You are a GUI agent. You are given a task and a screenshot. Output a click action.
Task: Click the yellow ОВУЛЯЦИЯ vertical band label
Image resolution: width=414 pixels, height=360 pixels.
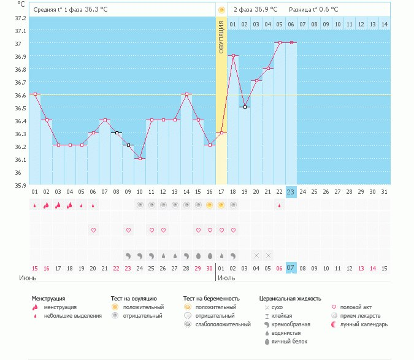tap(221, 37)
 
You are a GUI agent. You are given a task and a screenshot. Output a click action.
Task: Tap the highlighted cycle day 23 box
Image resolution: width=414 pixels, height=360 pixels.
tap(291, 192)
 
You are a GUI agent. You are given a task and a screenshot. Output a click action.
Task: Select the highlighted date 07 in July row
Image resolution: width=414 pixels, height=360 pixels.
tap(291, 268)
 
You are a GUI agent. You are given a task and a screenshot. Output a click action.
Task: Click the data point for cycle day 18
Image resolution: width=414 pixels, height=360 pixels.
tap(233, 55)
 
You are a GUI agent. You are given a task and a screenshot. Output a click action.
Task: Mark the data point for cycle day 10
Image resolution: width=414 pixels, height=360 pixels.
tap(140, 158)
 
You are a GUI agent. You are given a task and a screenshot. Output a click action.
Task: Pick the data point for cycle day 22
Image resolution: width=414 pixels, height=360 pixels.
tap(279, 43)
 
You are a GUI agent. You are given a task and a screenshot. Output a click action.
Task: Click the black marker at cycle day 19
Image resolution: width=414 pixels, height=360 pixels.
tap(245, 107)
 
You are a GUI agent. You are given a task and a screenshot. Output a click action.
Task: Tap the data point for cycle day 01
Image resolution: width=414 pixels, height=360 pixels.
tap(35, 94)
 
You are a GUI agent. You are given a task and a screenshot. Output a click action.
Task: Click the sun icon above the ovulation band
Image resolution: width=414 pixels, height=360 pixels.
tap(221, 10)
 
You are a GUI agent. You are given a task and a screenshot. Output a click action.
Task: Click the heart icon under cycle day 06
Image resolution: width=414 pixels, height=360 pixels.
tap(93, 230)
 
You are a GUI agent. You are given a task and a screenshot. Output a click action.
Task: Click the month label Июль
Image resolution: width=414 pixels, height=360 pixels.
tap(227, 278)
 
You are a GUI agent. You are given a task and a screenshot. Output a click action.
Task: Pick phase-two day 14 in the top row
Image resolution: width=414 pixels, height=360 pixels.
tap(384, 24)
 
